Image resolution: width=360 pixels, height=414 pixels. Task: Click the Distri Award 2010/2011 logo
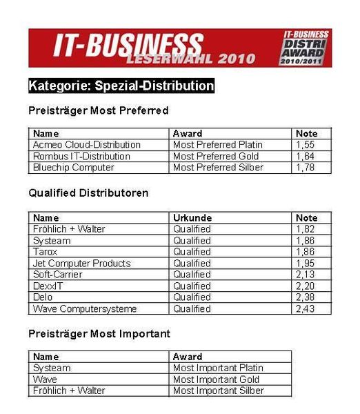point(306,48)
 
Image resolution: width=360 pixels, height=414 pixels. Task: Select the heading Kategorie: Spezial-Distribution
point(121,86)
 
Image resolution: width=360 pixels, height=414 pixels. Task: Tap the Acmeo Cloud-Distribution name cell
point(86,145)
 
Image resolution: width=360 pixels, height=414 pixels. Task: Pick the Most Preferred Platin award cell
point(218,145)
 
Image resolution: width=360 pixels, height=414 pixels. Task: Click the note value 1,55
point(306,145)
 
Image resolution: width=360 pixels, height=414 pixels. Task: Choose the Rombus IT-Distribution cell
point(81,156)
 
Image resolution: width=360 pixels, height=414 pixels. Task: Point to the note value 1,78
point(306,168)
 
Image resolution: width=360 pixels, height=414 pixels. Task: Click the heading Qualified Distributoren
point(88,193)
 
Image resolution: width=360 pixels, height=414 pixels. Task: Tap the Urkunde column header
point(192,218)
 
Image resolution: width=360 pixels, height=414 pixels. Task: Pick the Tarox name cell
point(46,252)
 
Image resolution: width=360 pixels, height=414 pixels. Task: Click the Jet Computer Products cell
point(81,263)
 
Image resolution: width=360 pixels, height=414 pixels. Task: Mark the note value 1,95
point(306,263)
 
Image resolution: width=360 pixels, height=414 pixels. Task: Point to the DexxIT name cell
point(48,286)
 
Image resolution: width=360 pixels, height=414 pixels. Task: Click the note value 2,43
point(306,308)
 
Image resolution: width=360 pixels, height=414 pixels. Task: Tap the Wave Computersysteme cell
point(85,308)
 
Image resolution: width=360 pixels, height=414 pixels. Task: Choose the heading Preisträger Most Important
point(99,334)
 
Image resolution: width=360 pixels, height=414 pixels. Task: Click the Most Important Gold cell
point(216,379)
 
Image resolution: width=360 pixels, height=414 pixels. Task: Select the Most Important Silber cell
point(217,391)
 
